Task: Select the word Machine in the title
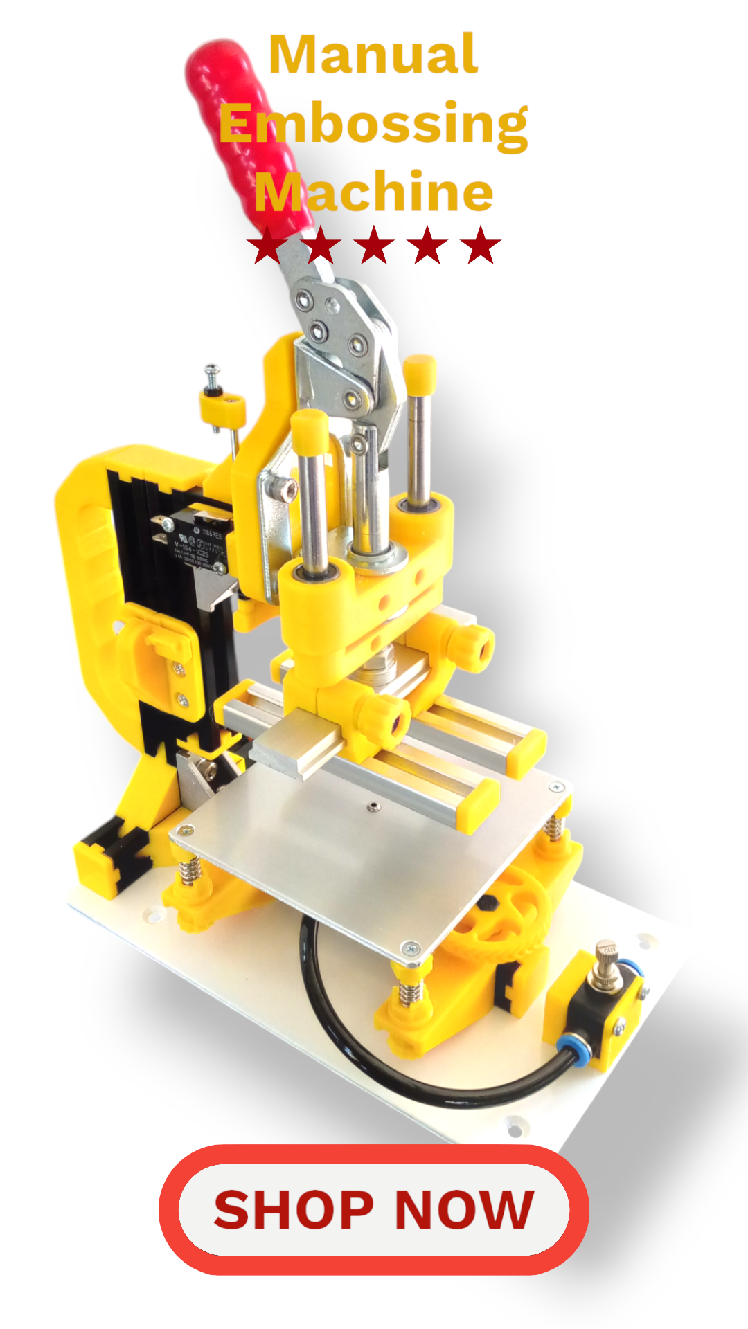[x=374, y=192]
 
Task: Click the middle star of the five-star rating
[x=374, y=245]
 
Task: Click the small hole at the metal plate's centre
[x=373, y=806]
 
